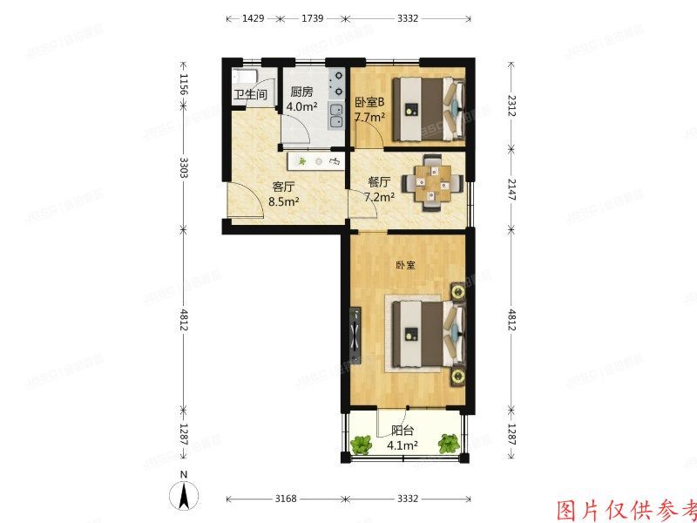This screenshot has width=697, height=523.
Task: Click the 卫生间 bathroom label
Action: click(x=248, y=96)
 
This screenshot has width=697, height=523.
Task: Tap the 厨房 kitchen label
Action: click(x=301, y=92)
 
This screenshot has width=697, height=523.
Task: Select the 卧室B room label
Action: click(x=369, y=102)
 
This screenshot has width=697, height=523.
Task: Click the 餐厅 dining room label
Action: click(x=379, y=182)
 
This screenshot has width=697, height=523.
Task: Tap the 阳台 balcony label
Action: click(x=403, y=429)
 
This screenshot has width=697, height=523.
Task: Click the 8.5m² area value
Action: click(x=284, y=201)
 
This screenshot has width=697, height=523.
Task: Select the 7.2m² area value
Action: click(x=379, y=197)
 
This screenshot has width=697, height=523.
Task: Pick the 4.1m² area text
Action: click(x=403, y=445)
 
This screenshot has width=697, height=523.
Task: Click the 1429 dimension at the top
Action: click(x=253, y=17)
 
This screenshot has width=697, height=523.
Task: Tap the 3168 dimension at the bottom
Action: click(x=286, y=499)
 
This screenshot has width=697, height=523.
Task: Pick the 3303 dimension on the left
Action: click(x=184, y=166)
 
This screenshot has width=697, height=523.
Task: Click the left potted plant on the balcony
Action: click(x=361, y=445)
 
